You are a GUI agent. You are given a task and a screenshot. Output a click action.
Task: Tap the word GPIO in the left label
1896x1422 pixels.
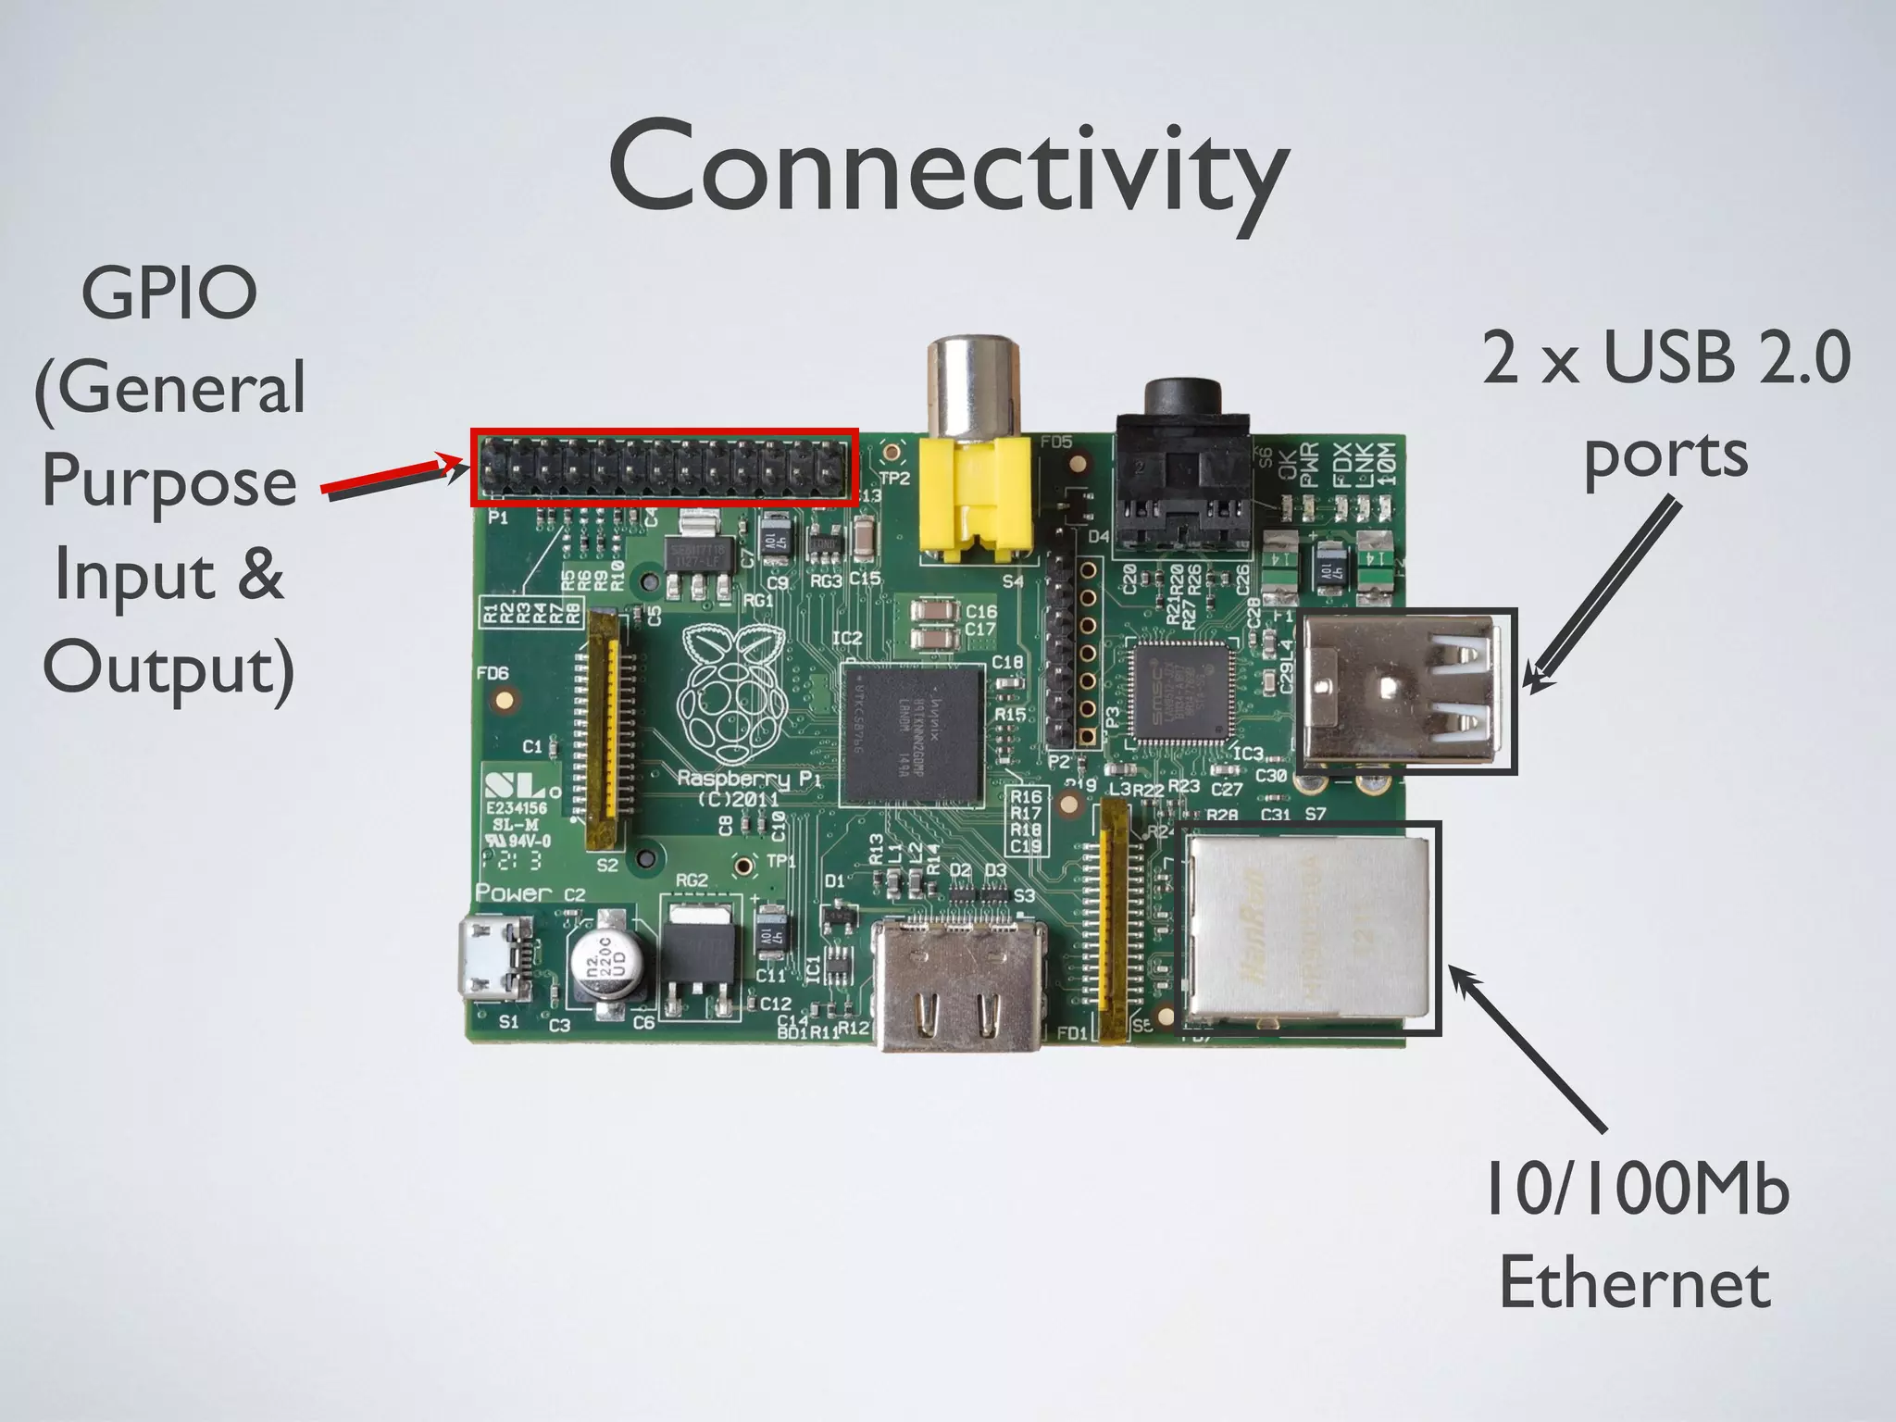169,293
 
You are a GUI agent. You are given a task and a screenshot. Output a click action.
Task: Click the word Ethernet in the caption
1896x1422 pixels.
1635,1283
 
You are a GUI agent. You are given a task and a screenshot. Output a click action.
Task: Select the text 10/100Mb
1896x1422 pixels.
1637,1190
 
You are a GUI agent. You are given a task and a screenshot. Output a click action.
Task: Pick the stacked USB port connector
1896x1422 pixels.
1403,691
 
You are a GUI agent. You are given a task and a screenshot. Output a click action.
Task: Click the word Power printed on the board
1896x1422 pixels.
514,892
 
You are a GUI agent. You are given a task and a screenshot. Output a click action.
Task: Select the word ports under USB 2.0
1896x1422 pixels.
1665,455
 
